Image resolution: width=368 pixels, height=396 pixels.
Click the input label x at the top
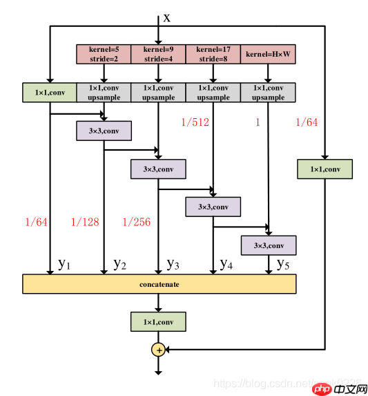coord(166,17)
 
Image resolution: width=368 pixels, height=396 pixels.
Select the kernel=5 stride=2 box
coord(104,54)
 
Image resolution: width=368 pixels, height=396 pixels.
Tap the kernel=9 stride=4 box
coord(158,54)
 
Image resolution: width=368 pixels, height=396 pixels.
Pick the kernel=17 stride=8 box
coord(213,54)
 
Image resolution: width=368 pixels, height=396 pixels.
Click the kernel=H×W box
coord(268,54)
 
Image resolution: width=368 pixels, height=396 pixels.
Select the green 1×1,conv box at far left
coord(49,93)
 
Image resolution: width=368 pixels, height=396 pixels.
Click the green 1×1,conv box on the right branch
coord(324,169)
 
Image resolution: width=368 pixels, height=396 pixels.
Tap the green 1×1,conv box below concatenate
coord(158,321)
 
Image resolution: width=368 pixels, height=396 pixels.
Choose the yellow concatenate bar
coord(159,284)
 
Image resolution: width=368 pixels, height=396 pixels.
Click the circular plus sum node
coord(159,350)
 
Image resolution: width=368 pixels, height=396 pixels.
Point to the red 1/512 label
coord(195,122)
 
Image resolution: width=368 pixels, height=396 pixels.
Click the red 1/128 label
coord(86,222)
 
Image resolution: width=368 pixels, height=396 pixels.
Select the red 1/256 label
coord(137,222)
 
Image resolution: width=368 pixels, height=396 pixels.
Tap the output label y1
coord(64,264)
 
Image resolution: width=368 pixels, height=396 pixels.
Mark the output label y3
coord(173,264)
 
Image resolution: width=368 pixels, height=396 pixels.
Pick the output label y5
coord(283,264)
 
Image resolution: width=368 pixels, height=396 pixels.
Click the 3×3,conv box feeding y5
coord(268,245)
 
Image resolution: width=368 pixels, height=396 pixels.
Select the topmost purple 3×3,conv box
coord(104,131)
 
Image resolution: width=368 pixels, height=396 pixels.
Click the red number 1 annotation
coord(258,122)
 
